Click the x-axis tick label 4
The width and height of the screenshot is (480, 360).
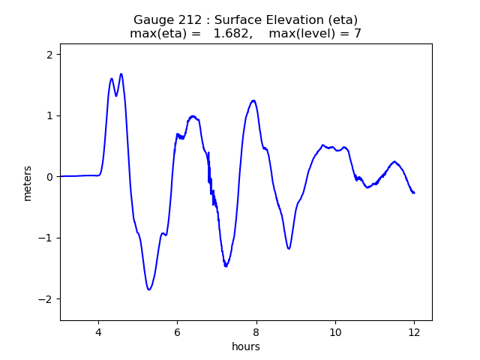(97, 333)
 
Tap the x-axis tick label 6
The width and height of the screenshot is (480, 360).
(177, 333)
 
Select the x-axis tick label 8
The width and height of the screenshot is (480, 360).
(256, 333)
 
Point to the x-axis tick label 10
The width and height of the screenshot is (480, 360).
(335, 333)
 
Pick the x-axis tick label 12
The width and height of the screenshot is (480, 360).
(414, 333)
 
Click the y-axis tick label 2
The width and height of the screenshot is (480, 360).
(49, 55)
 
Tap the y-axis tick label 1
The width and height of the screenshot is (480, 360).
(49, 115)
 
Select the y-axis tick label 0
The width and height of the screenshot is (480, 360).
(49, 177)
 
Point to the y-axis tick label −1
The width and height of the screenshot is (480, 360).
(46, 238)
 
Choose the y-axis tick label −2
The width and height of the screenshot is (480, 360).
(46, 299)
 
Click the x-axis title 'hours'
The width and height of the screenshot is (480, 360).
(246, 346)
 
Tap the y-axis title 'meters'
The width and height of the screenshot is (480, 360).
(28, 182)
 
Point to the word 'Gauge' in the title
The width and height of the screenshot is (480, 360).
(153, 19)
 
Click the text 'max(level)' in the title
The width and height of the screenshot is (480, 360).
(301, 34)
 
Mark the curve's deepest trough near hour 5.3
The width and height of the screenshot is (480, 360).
(149, 289)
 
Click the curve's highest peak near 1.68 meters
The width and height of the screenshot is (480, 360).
(121, 74)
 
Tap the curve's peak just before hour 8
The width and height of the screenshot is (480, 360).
(253, 100)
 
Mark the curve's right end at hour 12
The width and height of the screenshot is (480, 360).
(414, 193)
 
